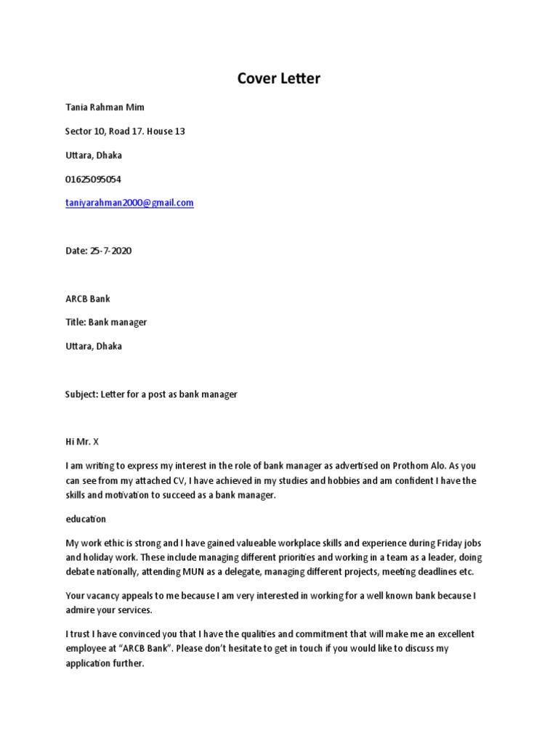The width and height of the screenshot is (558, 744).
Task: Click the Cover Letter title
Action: [278, 78]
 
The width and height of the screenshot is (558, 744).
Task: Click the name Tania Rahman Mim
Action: [105, 108]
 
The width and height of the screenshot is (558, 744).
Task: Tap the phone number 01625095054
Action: [93, 179]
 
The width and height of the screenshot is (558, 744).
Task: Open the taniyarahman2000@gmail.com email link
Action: [129, 203]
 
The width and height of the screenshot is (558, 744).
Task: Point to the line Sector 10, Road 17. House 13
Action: [125, 132]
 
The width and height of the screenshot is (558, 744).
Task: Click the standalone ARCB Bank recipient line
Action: [88, 299]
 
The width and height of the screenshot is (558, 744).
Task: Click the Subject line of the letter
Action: [151, 394]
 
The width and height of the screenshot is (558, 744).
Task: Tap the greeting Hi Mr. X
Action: [81, 442]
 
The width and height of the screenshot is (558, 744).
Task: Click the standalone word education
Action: [86, 519]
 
